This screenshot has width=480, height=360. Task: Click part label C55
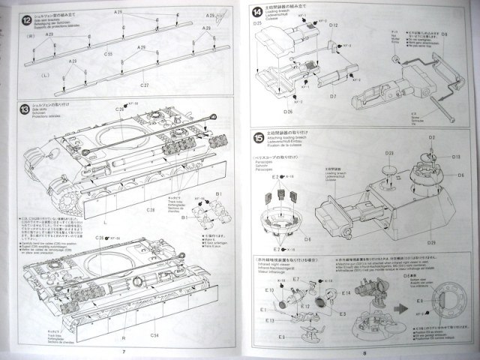click(109, 54)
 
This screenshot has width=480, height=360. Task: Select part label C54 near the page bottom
click(154, 334)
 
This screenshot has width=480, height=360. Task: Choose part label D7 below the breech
click(332, 97)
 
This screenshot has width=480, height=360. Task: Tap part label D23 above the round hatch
click(389, 152)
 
